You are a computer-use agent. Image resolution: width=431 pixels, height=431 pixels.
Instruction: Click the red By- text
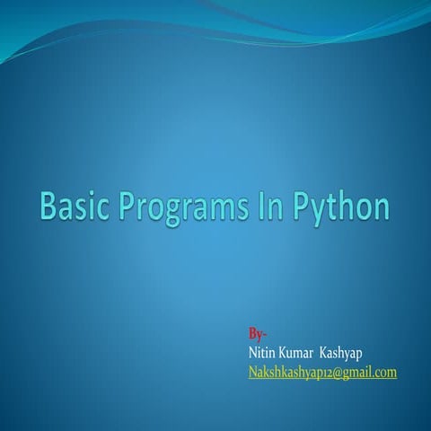pos(257,335)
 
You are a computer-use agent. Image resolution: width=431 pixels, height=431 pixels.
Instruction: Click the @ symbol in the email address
pos(333,372)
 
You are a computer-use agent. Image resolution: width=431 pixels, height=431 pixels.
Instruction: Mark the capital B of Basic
pos(48,207)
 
